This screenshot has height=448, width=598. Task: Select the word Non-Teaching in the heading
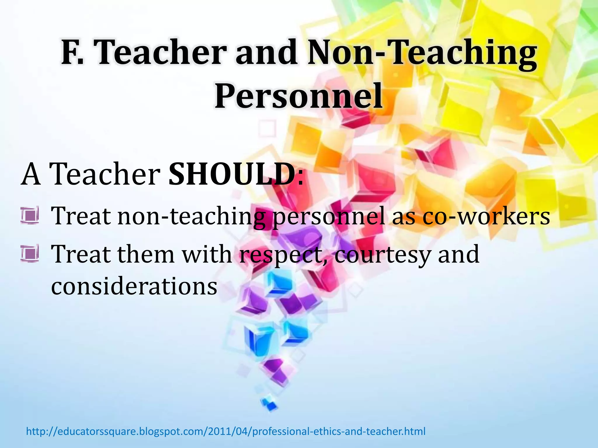click(x=422, y=53)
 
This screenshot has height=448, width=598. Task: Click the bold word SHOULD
click(x=232, y=174)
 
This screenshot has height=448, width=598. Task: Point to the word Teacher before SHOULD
click(x=105, y=174)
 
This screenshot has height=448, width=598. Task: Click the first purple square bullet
click(x=30, y=215)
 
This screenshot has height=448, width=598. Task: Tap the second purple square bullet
click(x=30, y=253)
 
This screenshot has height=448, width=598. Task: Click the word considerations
click(x=134, y=286)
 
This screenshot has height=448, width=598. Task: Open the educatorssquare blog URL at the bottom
click(x=226, y=431)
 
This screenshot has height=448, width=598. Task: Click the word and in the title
click(x=266, y=53)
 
